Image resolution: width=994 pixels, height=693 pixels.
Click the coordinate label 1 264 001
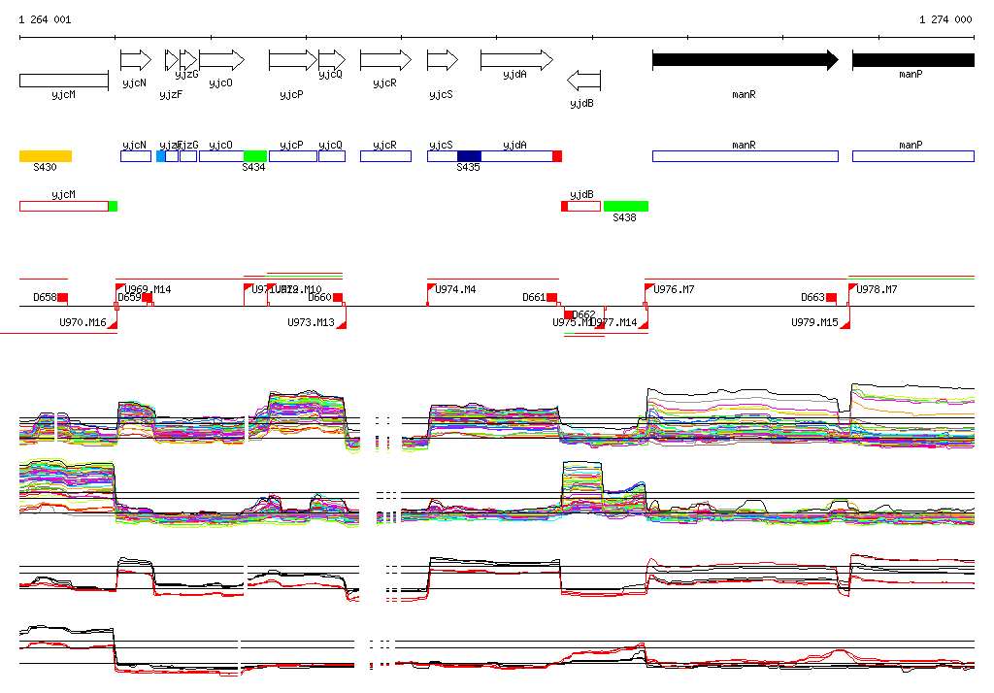pyautogui.click(x=45, y=19)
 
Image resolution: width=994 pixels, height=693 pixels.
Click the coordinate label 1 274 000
pyautogui.click(x=945, y=19)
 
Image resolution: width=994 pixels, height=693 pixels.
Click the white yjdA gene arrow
pyautogui.click(x=515, y=60)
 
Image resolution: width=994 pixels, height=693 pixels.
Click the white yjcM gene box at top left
pyautogui.click(x=63, y=80)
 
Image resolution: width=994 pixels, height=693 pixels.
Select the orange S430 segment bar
pyautogui.click(x=46, y=156)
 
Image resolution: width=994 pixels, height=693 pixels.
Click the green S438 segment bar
pyautogui.click(x=625, y=206)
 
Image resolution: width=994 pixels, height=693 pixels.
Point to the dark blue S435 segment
pyautogui.click(x=469, y=156)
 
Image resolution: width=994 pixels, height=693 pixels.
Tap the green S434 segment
pyautogui.click(x=255, y=156)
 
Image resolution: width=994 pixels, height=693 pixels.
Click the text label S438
pyautogui.click(x=624, y=218)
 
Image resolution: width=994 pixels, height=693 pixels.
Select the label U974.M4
pyautogui.click(x=455, y=290)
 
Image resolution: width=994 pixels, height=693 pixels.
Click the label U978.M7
pyautogui.click(x=877, y=290)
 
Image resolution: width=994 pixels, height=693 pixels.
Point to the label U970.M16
pyautogui.click(x=83, y=322)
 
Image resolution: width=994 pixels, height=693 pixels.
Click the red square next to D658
pyautogui.click(x=63, y=297)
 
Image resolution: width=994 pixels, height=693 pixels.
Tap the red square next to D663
pyautogui.click(x=831, y=297)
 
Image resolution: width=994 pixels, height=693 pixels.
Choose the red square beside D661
pyautogui.click(x=551, y=297)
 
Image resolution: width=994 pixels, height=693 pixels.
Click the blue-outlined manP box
pyautogui.click(x=912, y=156)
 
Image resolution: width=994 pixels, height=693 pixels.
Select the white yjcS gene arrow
pyautogui.click(x=442, y=60)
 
